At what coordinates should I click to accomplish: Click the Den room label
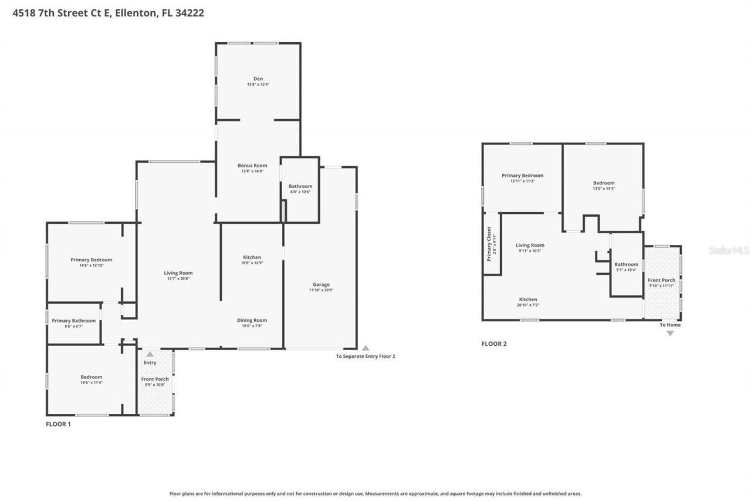258,79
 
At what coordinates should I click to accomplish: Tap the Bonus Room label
252,166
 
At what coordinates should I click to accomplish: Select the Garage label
321,284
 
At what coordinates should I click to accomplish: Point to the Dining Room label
252,320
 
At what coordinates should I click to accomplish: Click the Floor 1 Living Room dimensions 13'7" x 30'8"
178,278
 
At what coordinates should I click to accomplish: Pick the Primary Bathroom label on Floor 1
74,321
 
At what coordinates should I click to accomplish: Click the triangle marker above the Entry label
150,354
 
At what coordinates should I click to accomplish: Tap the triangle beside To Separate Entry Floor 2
366,348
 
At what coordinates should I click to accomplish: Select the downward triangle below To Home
670,334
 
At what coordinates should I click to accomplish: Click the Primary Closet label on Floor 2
489,244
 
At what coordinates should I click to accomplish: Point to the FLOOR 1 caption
59,423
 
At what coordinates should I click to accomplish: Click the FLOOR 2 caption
494,344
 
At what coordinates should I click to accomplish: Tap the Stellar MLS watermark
729,250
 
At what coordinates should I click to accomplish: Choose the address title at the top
109,13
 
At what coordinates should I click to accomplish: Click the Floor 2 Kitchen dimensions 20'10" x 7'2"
527,305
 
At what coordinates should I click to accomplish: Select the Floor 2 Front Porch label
661,280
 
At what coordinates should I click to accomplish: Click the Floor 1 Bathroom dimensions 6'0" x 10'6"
300,192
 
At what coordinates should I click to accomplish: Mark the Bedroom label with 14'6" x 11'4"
92,377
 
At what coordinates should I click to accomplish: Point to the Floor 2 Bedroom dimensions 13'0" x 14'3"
604,189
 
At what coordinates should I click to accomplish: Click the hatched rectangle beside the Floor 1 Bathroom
283,211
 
